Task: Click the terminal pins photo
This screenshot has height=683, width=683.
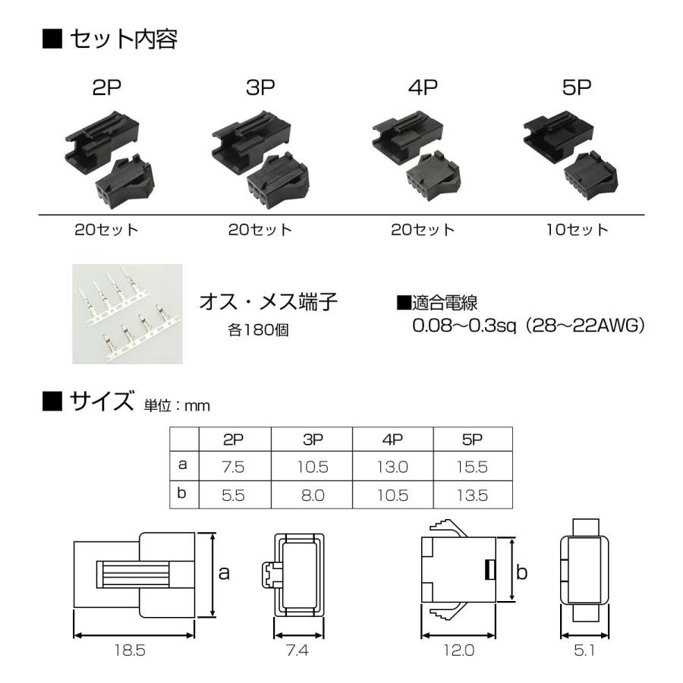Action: click(127, 313)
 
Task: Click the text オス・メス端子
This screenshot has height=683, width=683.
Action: click(268, 302)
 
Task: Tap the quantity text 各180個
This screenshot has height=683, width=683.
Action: click(258, 332)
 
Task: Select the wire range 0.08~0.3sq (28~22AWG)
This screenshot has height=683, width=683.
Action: click(527, 326)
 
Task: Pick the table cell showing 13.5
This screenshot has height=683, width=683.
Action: click(472, 495)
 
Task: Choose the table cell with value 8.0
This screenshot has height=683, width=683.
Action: click(313, 495)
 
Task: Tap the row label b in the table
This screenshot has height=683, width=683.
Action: click(182, 494)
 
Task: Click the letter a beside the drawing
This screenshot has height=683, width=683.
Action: click(224, 573)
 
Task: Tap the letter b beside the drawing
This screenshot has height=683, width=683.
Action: click(521, 572)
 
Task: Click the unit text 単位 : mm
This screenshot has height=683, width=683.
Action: click(176, 406)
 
